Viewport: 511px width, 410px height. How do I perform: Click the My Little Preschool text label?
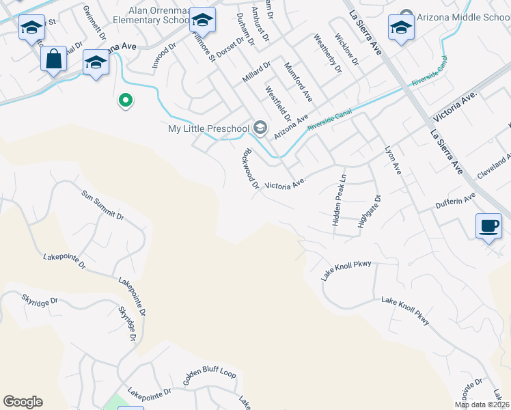(x=209, y=128)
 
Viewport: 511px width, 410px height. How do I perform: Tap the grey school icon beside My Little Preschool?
(x=260, y=128)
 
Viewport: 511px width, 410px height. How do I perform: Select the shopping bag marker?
(x=53, y=59)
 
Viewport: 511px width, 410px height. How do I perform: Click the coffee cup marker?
(x=488, y=225)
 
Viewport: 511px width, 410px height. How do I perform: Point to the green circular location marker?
(x=125, y=101)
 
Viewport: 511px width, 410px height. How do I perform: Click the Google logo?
(x=23, y=402)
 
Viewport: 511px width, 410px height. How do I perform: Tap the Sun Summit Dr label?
(x=102, y=206)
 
